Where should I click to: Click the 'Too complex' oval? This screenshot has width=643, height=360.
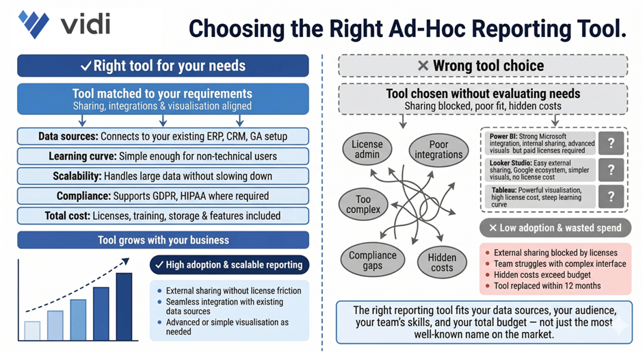click(x=364, y=204)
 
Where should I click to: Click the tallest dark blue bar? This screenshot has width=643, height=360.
click(x=124, y=306)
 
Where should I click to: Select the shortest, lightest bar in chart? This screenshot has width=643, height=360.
click(x=32, y=330)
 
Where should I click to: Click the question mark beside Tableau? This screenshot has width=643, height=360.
click(x=610, y=197)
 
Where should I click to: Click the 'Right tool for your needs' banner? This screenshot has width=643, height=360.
click(x=163, y=66)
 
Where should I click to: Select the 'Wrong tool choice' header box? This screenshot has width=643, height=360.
click(x=483, y=66)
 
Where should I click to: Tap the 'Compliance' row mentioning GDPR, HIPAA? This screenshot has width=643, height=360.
click(x=163, y=196)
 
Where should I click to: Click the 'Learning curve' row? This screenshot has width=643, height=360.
click(x=163, y=156)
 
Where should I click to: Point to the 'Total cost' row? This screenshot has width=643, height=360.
click(x=163, y=216)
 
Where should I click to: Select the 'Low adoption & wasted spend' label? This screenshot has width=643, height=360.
click(x=554, y=228)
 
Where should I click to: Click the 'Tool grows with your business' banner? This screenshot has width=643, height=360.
click(x=163, y=240)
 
